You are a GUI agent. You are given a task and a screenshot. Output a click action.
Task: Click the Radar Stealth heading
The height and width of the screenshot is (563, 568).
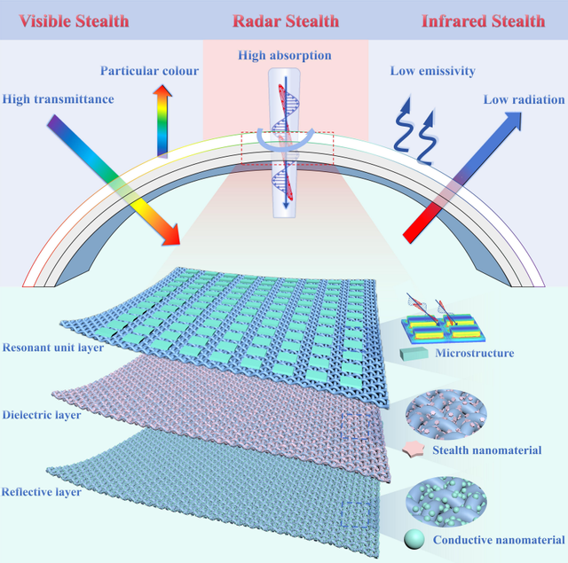(x=283, y=20)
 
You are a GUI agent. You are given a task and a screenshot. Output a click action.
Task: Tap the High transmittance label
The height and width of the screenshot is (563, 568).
(x=58, y=98)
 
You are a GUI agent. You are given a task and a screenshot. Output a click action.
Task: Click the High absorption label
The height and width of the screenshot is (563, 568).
(x=284, y=56)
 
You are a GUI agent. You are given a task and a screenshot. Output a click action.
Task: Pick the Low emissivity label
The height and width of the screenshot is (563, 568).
(x=433, y=70)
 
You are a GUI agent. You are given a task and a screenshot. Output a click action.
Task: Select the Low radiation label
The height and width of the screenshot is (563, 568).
(x=519, y=98)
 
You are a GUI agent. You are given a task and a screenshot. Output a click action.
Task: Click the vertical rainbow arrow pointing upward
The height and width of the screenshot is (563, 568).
(x=164, y=119)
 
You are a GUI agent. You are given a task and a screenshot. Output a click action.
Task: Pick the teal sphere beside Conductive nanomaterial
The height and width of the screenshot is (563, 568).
(x=414, y=537)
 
